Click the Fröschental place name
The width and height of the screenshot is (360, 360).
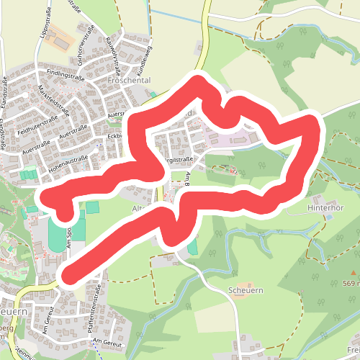point(128,81)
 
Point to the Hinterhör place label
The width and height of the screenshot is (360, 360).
point(323,204)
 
